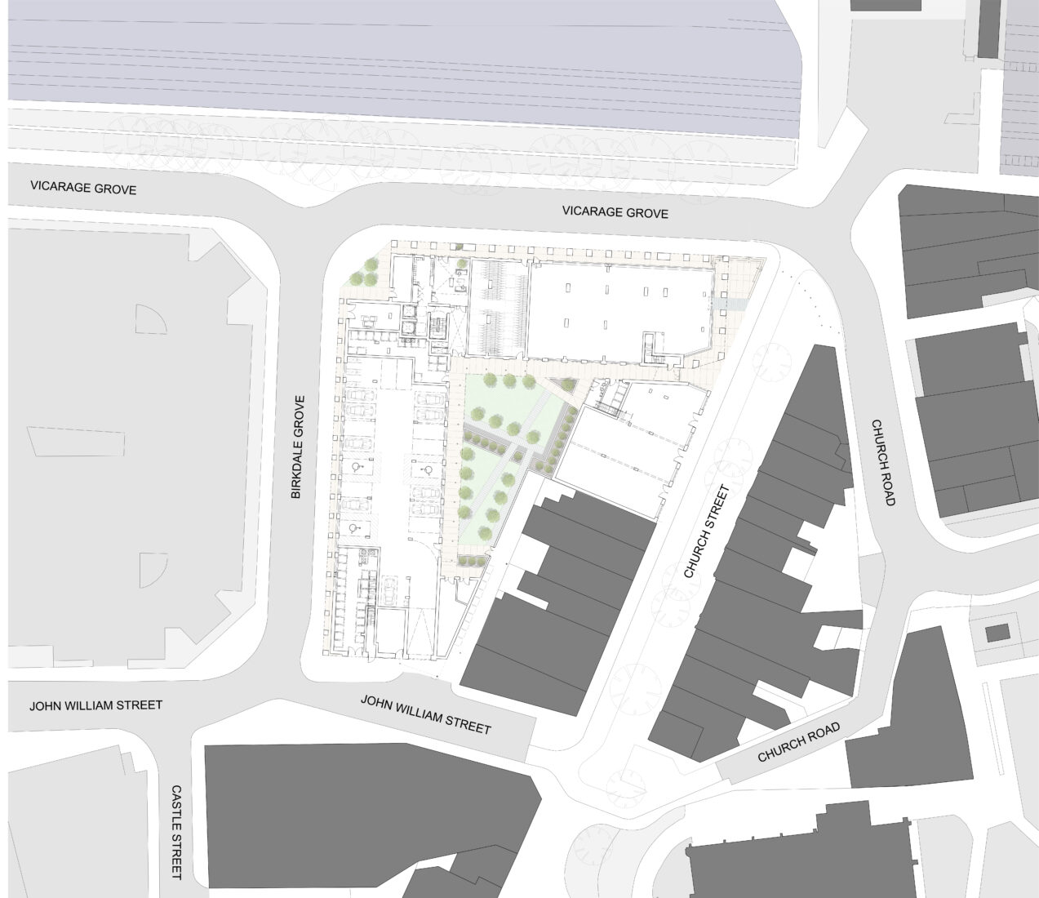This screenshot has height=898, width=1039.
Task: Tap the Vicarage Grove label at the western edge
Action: point(83,189)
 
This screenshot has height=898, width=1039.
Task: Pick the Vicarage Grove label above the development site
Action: point(615,213)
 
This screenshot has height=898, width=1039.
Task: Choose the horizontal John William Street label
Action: point(95,705)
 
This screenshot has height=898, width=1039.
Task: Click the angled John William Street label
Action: point(425,714)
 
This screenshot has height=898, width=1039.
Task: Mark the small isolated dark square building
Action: point(997,633)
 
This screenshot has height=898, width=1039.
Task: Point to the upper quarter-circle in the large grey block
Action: point(148,321)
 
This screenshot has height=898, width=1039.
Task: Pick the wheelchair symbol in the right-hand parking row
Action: point(426,471)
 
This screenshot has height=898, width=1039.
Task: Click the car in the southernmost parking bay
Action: point(389,593)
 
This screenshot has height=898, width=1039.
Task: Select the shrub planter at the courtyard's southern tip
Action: point(471,560)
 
